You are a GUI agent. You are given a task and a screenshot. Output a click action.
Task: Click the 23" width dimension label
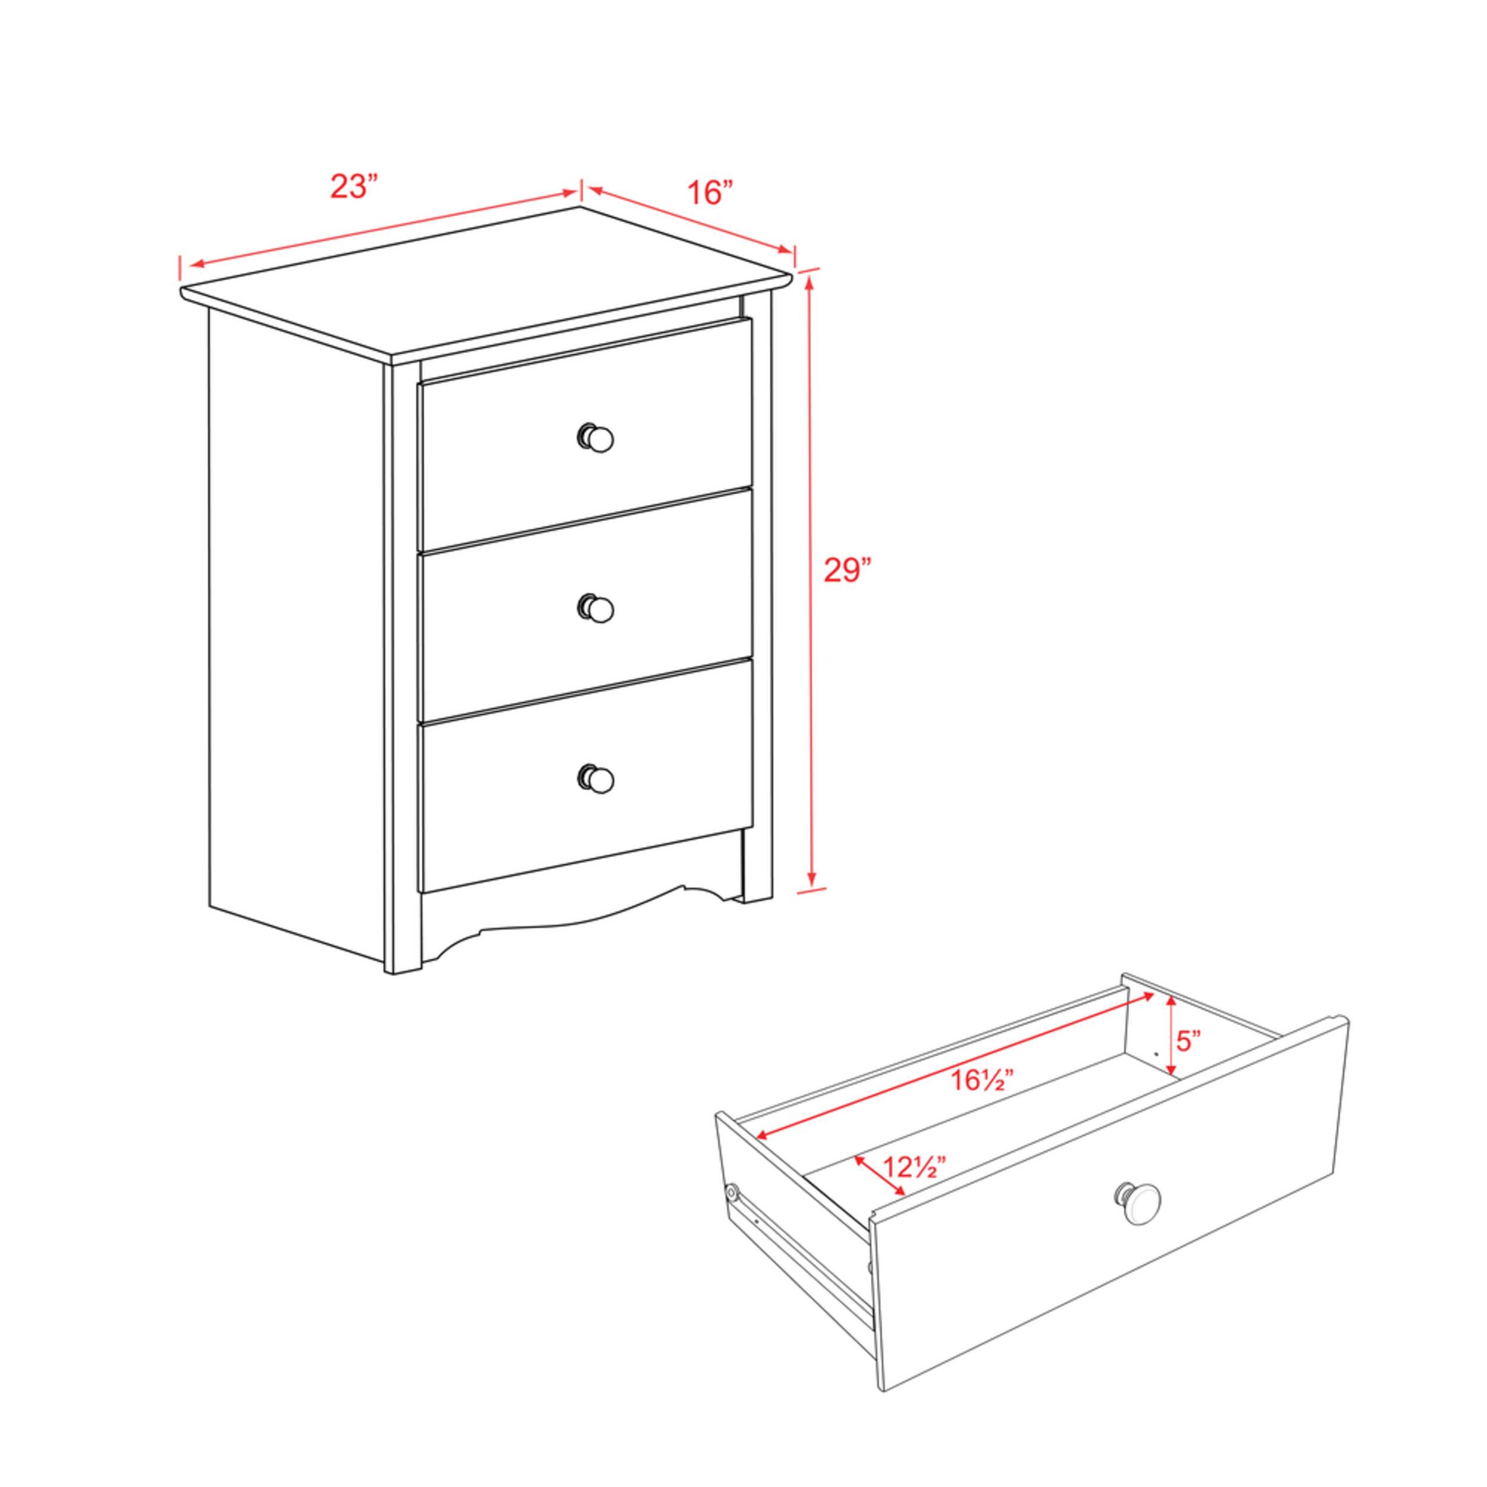pyautogui.click(x=355, y=187)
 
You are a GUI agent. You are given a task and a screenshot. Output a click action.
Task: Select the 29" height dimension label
pyautogui.click(x=846, y=571)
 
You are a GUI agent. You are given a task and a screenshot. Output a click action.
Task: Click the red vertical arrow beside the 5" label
pyautogui.click(x=1171, y=1035)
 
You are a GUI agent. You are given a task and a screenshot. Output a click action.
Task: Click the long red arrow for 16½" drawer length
pyautogui.click(x=955, y=1066)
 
